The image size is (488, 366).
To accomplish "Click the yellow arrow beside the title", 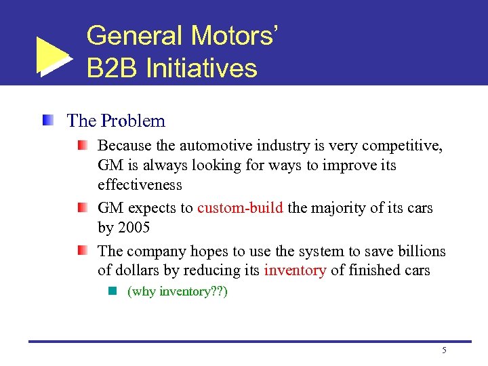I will coord(53,56).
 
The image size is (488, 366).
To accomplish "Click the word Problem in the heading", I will coord(133,121).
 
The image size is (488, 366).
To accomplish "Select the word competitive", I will coord(402,146).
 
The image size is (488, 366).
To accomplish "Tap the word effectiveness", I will coord(140,185).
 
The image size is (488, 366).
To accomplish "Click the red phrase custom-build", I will coord(240,208).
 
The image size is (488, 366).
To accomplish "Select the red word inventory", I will coord(295,270).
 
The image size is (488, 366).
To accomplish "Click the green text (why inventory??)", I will coord(178,292).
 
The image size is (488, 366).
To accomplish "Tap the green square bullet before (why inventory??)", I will coord(113,292).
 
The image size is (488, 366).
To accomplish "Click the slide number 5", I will coord(444,350).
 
